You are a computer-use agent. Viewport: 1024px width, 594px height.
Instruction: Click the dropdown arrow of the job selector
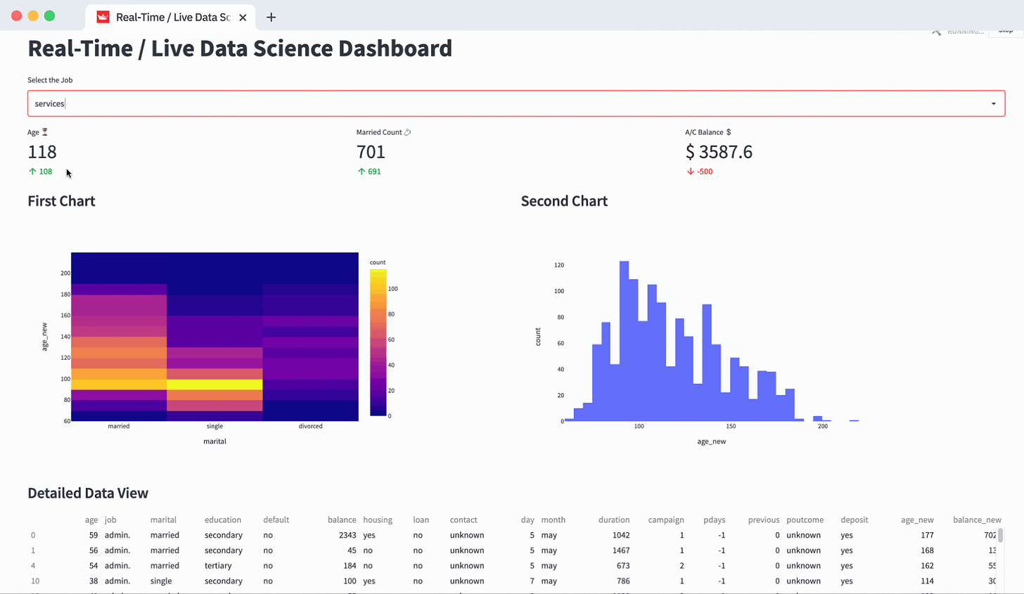pyautogui.click(x=993, y=104)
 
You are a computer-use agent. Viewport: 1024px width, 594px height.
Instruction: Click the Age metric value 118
pyautogui.click(x=42, y=152)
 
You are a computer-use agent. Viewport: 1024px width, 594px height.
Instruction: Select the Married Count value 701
pyautogui.click(x=371, y=152)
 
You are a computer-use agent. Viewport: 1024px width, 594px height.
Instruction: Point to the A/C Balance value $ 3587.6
pyautogui.click(x=719, y=152)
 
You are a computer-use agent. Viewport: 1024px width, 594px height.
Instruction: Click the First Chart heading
pyautogui.click(x=61, y=201)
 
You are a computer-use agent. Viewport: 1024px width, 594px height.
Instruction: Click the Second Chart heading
pyautogui.click(x=564, y=201)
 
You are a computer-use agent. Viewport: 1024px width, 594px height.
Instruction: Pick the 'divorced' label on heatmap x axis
pyautogui.click(x=310, y=426)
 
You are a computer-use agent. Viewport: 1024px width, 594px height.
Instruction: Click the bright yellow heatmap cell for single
pyautogui.click(x=215, y=385)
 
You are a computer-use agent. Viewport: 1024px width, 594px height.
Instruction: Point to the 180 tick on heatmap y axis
pyautogui.click(x=65, y=295)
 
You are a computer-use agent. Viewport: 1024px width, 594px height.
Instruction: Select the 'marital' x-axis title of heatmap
pyautogui.click(x=215, y=441)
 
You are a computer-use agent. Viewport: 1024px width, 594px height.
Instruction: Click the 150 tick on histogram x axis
pyautogui.click(x=731, y=426)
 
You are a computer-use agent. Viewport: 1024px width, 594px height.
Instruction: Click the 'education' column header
pyautogui.click(x=223, y=520)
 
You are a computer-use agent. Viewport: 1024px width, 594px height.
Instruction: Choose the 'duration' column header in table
pyautogui.click(x=613, y=520)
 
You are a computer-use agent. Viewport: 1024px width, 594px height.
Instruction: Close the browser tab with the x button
pyautogui.click(x=243, y=18)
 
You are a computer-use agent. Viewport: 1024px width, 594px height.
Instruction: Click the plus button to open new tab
pyautogui.click(x=271, y=18)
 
